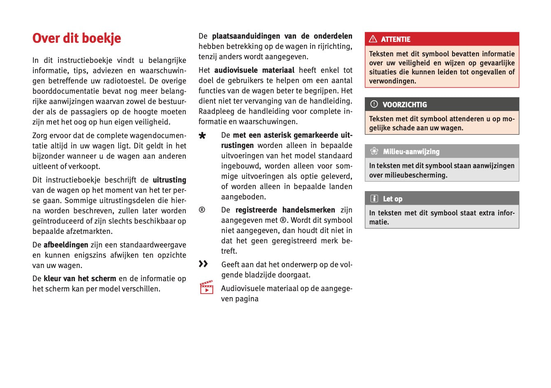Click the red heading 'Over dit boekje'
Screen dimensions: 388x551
tap(77, 38)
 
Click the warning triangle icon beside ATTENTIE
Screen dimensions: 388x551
tap(373, 39)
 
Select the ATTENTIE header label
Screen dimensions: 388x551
tap(395, 39)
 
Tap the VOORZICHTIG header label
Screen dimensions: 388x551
tap(404, 105)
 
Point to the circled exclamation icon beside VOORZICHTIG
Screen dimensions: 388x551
tap(374, 104)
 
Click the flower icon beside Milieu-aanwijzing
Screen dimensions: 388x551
tap(374, 151)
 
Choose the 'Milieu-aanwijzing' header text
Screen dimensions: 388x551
tap(411, 152)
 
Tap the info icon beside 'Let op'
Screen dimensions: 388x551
tap(374, 199)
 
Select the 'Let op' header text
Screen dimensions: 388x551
tap(392, 199)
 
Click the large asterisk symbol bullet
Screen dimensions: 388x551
tap(202, 136)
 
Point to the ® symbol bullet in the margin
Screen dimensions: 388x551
tap(202, 210)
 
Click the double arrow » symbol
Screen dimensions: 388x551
tap(203, 263)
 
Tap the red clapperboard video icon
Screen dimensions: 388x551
tap(206, 287)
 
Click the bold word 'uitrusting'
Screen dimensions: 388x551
tap(169, 180)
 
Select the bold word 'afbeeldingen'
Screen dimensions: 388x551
tap(66, 245)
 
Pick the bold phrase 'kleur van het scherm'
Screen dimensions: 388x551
tap(80, 279)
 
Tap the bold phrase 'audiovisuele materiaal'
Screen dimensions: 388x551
tap(254, 70)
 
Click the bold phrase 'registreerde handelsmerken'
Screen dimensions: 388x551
tap(285, 210)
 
